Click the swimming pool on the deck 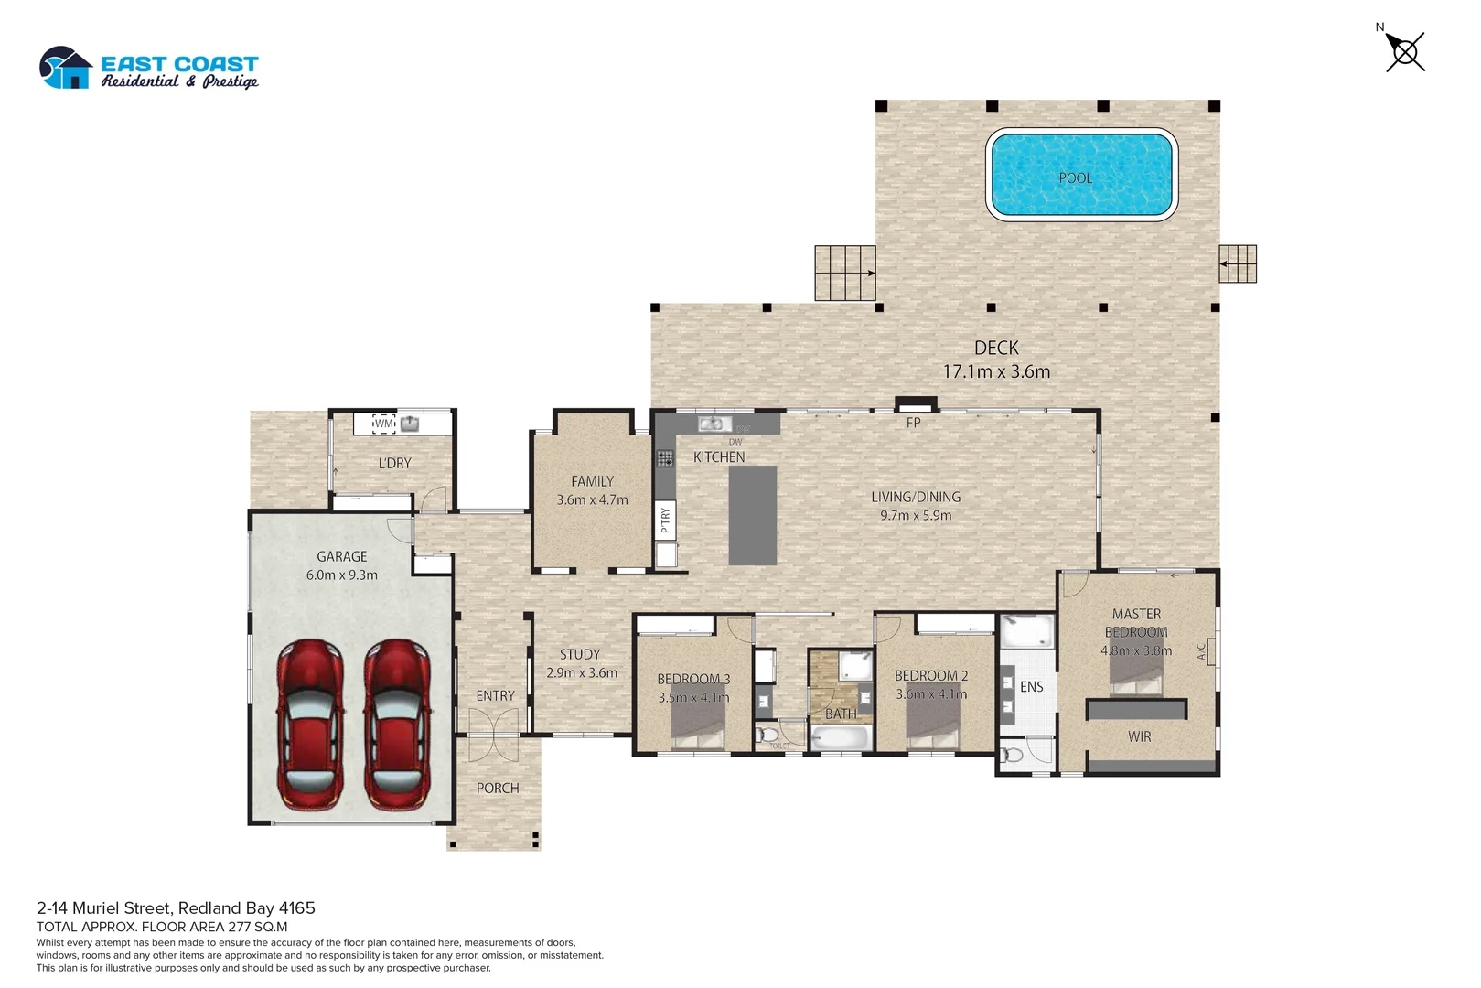point(1081,174)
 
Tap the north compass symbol point(1404,51)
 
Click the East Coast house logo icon point(66,69)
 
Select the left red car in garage point(311,725)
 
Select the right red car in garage point(397,725)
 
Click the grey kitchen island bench point(752,515)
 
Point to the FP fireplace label point(913,423)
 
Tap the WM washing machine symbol point(384,424)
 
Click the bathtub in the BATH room point(841,738)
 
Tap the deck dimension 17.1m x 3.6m point(996,371)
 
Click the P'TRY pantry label point(666,520)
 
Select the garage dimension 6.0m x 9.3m point(341,575)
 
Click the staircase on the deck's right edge point(1238,263)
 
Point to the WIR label point(1139,736)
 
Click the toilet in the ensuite point(1012,756)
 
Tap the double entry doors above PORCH point(493,736)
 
